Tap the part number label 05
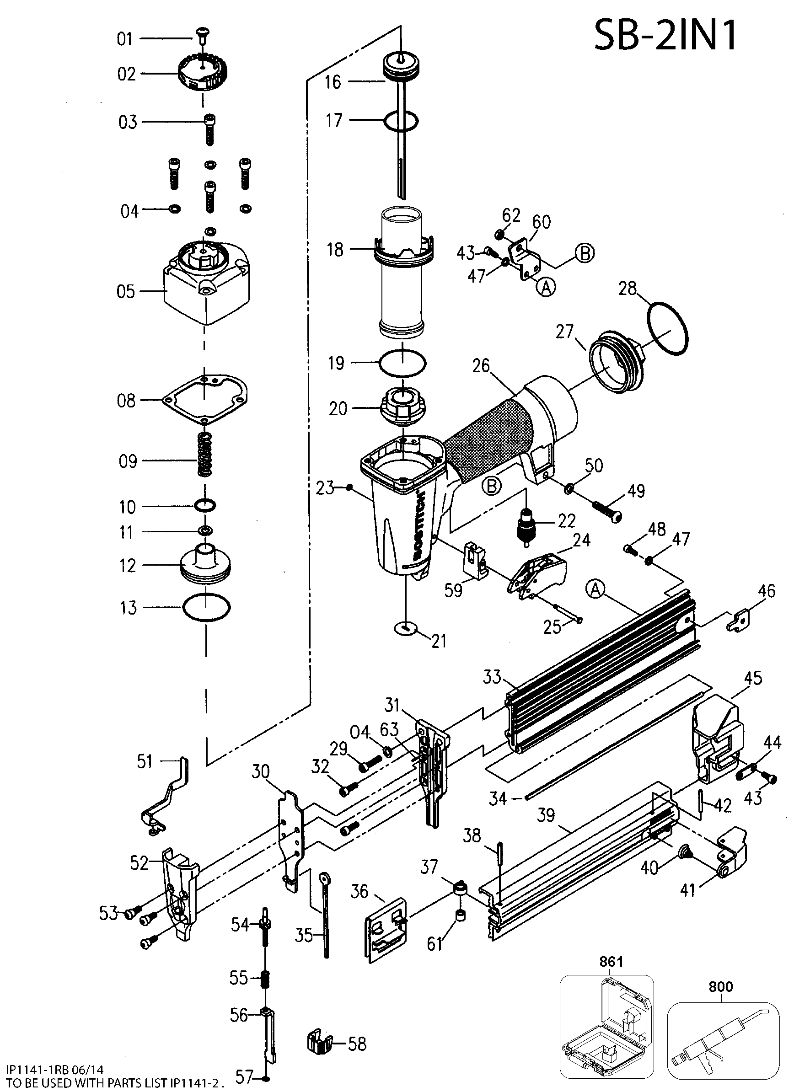(x=126, y=292)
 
